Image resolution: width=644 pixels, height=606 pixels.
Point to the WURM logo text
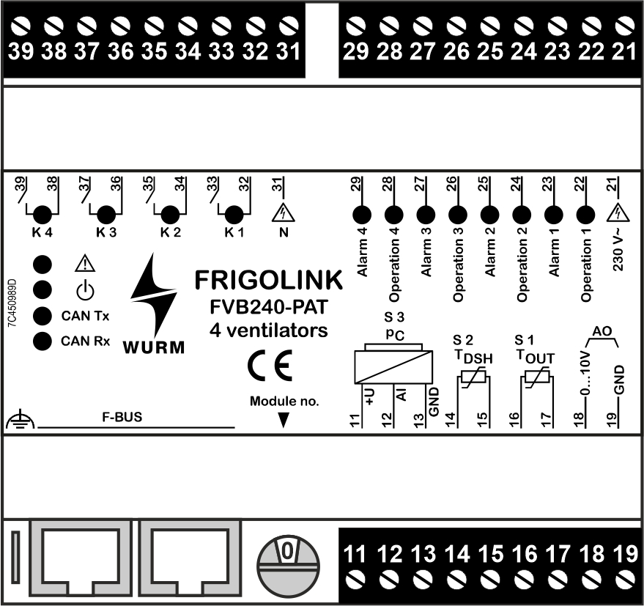153,346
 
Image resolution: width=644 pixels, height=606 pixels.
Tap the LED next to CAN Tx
44,316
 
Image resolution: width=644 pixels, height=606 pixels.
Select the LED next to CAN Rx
44,341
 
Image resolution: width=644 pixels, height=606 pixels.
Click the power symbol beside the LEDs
86,289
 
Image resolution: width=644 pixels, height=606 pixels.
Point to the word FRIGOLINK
268,280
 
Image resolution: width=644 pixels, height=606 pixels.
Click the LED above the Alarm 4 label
361,215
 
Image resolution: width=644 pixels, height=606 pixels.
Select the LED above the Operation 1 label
584,215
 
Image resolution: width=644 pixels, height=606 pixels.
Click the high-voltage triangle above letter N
282,213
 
